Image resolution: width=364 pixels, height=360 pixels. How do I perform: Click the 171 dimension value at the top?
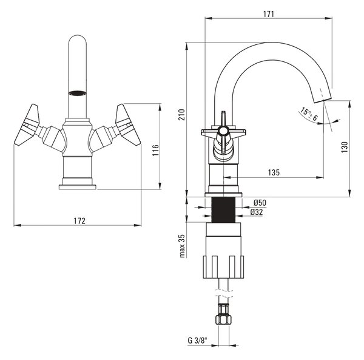click(x=268, y=14)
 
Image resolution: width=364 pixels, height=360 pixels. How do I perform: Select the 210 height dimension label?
click(x=182, y=115)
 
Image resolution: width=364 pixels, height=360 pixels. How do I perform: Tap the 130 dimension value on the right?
click(x=345, y=147)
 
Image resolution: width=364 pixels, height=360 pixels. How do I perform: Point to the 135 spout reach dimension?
click(x=274, y=172)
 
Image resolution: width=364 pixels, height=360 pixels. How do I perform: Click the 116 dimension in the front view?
click(x=155, y=150)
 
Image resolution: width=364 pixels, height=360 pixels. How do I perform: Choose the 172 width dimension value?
click(x=79, y=220)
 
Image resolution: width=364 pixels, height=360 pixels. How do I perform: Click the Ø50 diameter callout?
click(x=260, y=203)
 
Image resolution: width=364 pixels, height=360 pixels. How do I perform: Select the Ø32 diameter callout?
click(x=257, y=212)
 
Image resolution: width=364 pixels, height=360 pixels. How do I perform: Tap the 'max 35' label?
click(x=182, y=246)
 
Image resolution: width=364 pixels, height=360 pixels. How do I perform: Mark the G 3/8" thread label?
click(x=197, y=341)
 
